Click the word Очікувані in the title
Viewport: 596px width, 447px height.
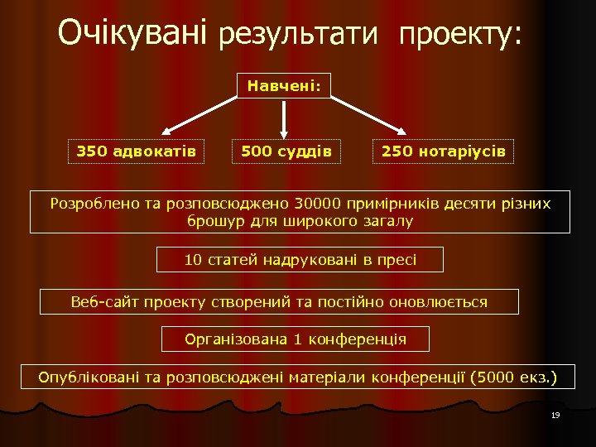pos(132,33)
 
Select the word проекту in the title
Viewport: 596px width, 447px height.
pos(459,35)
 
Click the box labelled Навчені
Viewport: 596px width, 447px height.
pos(284,84)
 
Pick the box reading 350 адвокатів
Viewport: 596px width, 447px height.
pos(136,151)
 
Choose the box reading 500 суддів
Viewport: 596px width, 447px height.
pos(286,151)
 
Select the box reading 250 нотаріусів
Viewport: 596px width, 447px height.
pos(444,151)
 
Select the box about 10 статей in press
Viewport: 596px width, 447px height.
pos(300,260)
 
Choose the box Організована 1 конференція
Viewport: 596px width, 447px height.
pos(296,339)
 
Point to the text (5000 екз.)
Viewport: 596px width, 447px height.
pos(513,378)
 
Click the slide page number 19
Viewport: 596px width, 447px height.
pos(555,415)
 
